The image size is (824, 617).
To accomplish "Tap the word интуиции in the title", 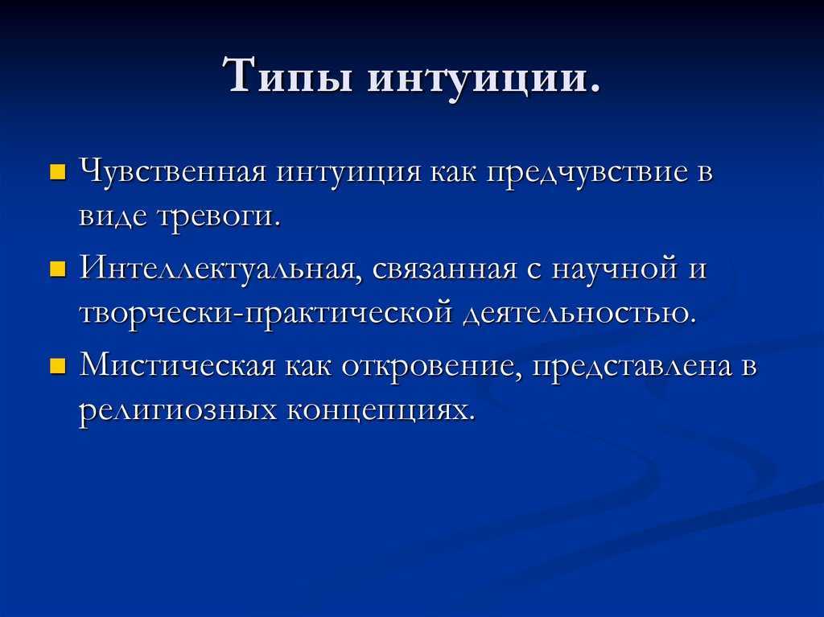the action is click(476, 80).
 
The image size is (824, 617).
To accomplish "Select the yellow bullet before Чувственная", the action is click(57, 172).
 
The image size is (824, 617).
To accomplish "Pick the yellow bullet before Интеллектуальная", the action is click(57, 269).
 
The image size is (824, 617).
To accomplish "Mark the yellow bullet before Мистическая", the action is click(57, 366).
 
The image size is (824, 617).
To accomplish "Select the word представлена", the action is click(632, 366).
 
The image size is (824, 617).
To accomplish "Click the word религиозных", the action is click(178, 412).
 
